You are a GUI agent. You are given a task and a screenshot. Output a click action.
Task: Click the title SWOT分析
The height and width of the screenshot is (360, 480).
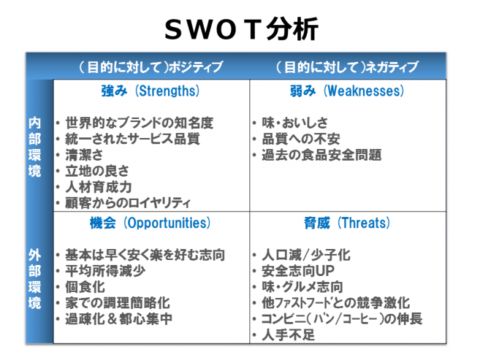[242, 29]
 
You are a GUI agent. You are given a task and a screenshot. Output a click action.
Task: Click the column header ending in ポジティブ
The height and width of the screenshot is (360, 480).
[151, 67]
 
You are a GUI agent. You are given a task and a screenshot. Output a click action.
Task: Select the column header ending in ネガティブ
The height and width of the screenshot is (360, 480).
[347, 67]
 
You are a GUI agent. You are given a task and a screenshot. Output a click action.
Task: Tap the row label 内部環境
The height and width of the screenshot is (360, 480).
[34, 147]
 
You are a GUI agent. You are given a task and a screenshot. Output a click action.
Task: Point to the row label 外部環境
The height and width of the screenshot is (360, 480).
[34, 279]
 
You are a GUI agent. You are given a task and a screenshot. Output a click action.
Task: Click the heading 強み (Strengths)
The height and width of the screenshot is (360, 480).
[151, 91]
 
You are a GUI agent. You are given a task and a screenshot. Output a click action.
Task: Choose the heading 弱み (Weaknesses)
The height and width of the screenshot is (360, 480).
[347, 91]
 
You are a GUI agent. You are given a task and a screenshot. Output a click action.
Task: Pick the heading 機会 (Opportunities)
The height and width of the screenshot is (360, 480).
[150, 223]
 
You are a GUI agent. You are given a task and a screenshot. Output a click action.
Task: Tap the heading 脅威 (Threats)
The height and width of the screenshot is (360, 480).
[347, 223]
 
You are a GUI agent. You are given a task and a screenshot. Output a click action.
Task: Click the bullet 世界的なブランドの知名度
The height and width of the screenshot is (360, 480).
[139, 123]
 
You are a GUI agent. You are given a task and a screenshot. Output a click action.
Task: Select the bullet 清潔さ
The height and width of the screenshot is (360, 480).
[84, 155]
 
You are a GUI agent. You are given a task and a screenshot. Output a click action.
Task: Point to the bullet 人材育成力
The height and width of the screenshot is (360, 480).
[99, 187]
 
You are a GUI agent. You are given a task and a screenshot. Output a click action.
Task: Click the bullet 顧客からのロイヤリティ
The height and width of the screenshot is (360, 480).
[128, 203]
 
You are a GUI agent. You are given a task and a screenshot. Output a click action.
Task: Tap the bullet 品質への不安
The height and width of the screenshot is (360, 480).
[300, 139]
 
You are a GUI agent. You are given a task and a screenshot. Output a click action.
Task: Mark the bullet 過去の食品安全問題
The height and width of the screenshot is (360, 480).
[321, 155]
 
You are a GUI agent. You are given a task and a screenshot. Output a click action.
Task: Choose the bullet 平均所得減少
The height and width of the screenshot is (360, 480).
[105, 271]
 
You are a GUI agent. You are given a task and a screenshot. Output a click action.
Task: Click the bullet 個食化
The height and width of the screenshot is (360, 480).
[85, 287]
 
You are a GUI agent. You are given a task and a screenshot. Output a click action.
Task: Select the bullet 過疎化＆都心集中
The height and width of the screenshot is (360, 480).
[118, 318]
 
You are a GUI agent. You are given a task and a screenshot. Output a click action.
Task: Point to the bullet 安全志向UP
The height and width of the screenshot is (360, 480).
[298, 271]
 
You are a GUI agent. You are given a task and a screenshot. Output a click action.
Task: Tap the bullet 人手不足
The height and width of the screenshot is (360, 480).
[288, 335]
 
